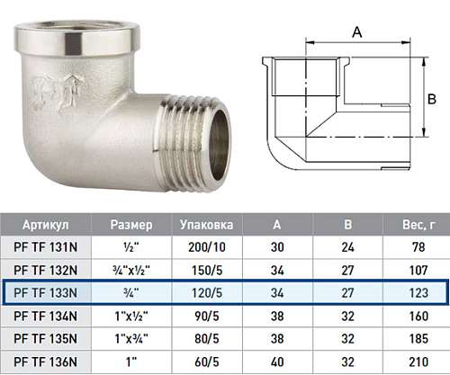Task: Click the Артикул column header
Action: [x=46, y=225]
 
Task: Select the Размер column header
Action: [x=131, y=225]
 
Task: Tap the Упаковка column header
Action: [x=206, y=225]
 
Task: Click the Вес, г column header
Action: [x=418, y=225]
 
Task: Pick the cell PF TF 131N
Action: [x=46, y=247]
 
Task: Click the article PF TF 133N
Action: [x=46, y=293]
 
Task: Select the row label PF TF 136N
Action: [x=46, y=362]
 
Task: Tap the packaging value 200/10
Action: [x=207, y=247]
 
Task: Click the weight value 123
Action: [x=418, y=293]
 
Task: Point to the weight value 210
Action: [x=418, y=362]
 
